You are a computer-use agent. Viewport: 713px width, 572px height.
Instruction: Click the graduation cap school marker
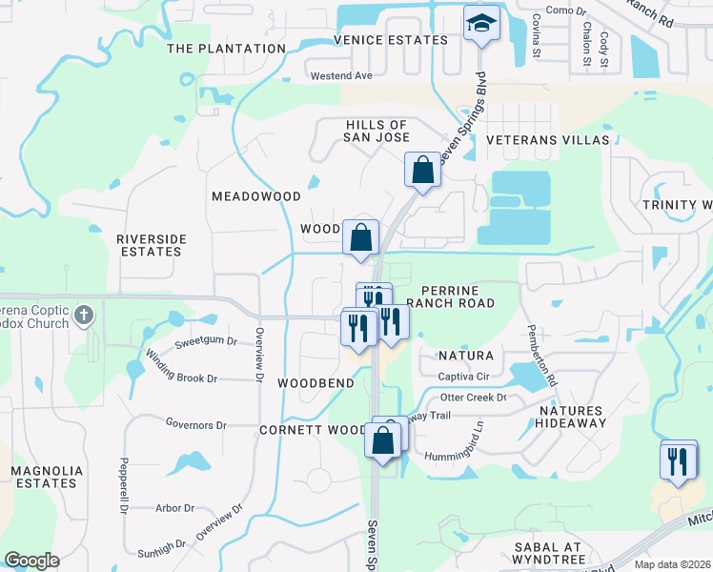point(481,24)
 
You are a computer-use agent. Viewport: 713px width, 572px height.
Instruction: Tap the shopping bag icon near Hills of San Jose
point(422,171)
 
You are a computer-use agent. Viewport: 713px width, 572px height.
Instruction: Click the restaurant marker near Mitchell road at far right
point(678,461)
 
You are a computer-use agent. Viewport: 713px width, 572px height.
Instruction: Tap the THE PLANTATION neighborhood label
point(226,49)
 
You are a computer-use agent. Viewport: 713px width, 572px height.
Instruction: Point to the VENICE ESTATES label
point(391,40)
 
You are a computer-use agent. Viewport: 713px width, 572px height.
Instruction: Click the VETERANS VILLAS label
point(546,140)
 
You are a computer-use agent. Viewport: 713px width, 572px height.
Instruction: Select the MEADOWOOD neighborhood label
point(255,196)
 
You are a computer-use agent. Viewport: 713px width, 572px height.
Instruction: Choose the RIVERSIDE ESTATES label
point(150,245)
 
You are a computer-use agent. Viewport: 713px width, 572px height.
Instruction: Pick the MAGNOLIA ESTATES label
point(44,477)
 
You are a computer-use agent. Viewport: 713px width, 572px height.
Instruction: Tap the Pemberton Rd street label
point(542,355)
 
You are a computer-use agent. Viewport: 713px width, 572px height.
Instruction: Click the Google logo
point(31,561)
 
